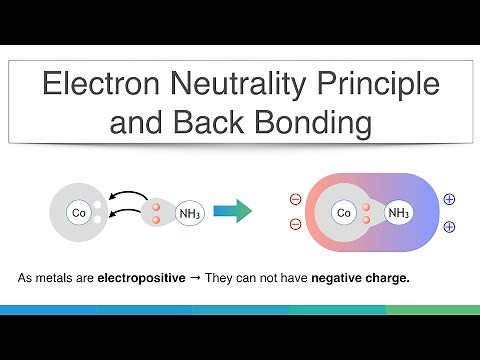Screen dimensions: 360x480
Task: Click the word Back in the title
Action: point(215,126)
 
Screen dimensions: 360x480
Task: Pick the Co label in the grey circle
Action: point(77,212)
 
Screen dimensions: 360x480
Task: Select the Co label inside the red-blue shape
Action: point(344,213)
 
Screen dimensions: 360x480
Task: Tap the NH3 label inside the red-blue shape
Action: point(398,213)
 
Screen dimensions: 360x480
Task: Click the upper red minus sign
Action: point(296,199)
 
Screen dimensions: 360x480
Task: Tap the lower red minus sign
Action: point(296,225)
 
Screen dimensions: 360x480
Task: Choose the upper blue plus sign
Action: point(449,199)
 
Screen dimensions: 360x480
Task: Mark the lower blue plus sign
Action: point(449,227)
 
